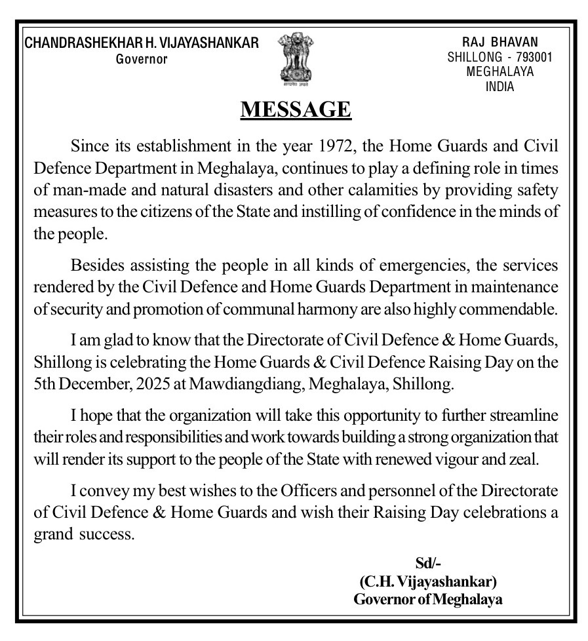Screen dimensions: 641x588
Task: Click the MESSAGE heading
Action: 296,109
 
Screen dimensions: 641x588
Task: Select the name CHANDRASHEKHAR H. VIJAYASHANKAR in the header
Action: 142,43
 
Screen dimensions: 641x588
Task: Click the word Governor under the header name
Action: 142,60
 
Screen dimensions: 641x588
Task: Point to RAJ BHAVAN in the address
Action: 500,42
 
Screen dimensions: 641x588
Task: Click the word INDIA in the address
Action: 500,87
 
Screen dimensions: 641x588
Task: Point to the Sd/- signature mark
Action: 429,562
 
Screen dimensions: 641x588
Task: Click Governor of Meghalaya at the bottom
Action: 428,599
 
